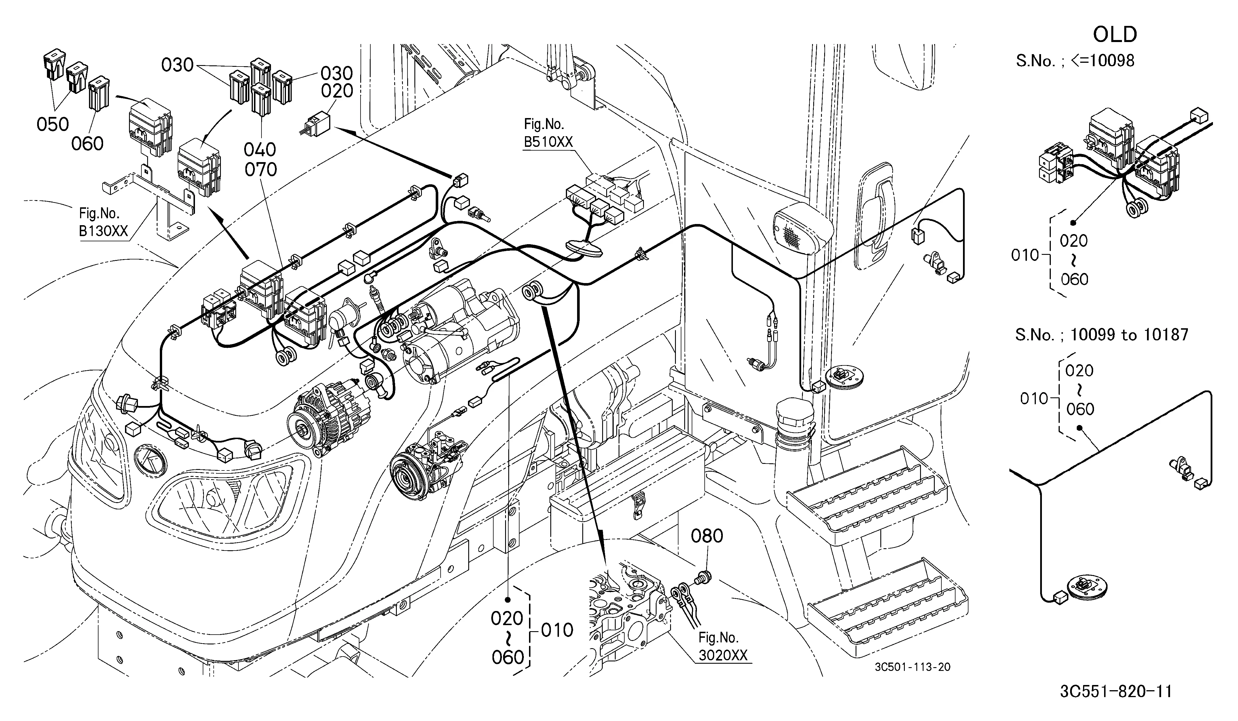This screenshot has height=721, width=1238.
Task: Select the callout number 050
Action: tap(53, 124)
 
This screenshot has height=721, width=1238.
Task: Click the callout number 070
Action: tap(261, 169)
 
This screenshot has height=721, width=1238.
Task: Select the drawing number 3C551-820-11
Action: tap(1116, 692)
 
